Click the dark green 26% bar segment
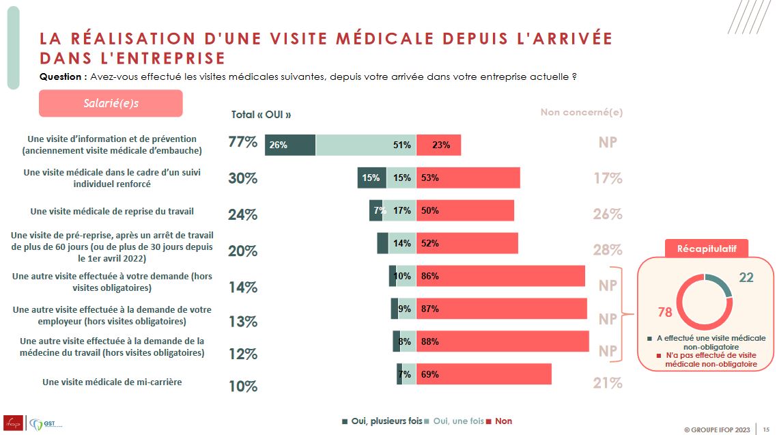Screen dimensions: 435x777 pos(290,145)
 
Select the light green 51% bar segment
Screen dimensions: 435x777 pos(366,145)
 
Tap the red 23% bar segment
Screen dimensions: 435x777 pos(438,145)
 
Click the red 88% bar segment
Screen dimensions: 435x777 pos(503,341)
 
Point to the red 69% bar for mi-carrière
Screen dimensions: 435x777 pos(483,374)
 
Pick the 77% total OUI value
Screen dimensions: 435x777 pos(242,143)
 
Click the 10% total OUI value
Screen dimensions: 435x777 pos(242,387)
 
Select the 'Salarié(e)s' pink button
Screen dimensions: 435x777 pos(111,103)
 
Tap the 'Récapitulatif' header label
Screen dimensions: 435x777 pos(707,248)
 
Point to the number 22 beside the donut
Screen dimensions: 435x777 pos(746,277)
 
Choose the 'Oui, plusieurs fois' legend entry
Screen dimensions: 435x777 pos(382,421)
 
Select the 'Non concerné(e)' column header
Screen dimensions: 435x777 pos(581,113)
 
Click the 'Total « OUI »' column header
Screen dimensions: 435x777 pos(266,115)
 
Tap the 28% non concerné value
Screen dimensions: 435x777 pos(608,250)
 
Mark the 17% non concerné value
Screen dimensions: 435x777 pos(608,179)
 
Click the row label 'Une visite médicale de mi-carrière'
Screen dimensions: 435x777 pos(112,382)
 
